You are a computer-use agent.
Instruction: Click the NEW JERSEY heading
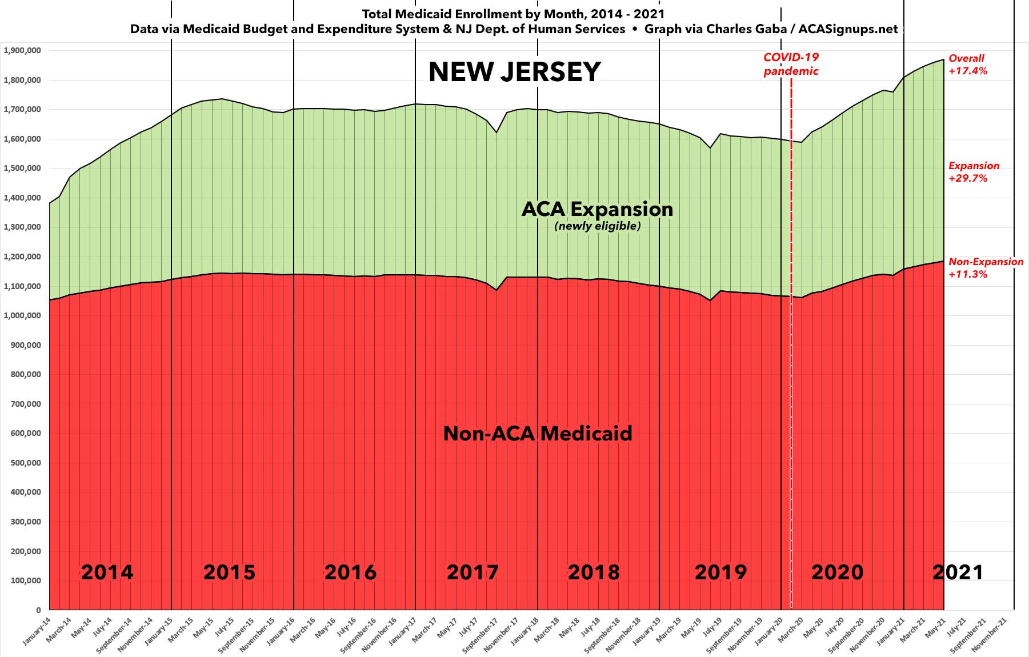pos(514,73)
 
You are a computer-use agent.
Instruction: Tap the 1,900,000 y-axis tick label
pos(22,50)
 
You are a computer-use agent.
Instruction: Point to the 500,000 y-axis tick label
pos(25,463)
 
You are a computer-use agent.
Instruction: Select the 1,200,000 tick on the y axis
pos(22,257)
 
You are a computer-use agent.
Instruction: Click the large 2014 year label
pos(107,572)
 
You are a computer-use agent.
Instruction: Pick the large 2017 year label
pos(473,572)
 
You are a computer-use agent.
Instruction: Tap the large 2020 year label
pos(837,572)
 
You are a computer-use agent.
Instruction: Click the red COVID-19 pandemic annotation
pos(791,65)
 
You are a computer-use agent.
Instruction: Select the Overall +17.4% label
pos(968,65)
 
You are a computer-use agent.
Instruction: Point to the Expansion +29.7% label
pos(974,172)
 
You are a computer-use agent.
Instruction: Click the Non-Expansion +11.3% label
pos(986,268)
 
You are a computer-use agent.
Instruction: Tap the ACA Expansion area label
pos(597,209)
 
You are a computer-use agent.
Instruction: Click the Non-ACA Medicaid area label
pos(538,434)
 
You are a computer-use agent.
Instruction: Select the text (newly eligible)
pos(597,226)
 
